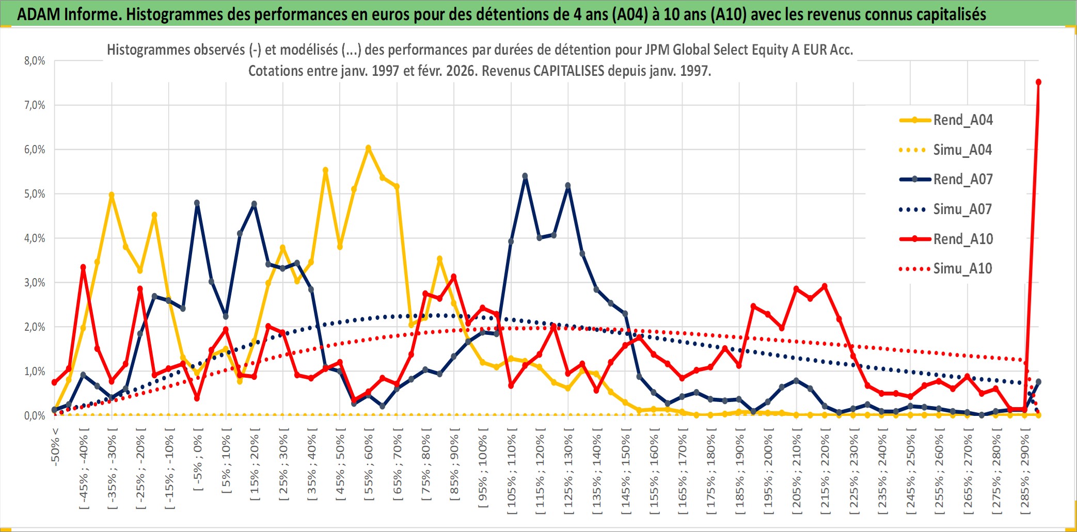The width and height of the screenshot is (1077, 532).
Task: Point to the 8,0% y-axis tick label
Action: point(35,61)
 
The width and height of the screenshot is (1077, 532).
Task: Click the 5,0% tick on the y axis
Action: point(35,194)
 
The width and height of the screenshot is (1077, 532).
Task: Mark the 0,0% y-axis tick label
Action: point(35,416)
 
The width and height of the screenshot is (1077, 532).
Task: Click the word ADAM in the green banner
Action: point(39,14)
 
